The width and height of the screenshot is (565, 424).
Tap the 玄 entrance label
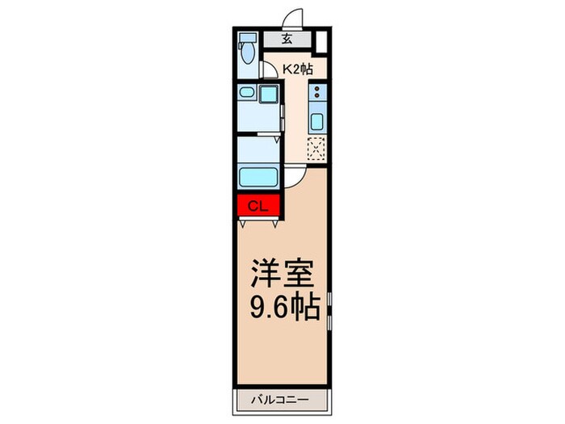pyautogui.click(x=287, y=39)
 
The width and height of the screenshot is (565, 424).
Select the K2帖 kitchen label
pyautogui.click(x=297, y=70)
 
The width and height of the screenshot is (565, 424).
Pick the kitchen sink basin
pyautogui.click(x=317, y=123)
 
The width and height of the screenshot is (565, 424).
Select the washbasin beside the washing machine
pyautogui.click(x=246, y=94)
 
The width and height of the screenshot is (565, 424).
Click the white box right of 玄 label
pyautogui.click(x=321, y=40)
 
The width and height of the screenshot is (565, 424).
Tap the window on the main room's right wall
pyautogui.click(x=330, y=311)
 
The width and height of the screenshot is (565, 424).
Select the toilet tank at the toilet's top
pyautogui.click(x=247, y=38)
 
